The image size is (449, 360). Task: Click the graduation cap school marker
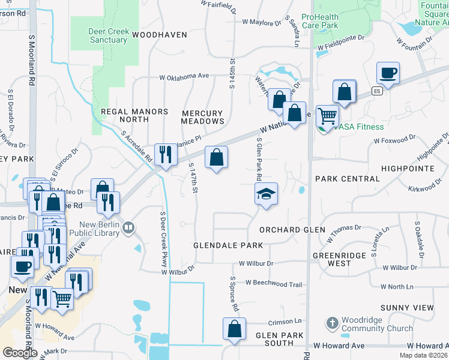pyautogui.click(x=266, y=194)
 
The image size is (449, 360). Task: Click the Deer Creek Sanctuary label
pyautogui.click(x=100, y=35)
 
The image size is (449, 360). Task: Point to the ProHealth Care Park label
pyautogui.click(x=328, y=21)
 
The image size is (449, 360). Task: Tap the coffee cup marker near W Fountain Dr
pyautogui.click(x=388, y=74)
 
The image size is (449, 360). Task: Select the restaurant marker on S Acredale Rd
pyautogui.click(x=164, y=154)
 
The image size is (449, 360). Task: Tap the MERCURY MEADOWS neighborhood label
pyautogui.click(x=202, y=117)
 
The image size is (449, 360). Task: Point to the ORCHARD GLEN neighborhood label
pyautogui.click(x=292, y=230)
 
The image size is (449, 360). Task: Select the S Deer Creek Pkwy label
pyautogui.click(x=163, y=239)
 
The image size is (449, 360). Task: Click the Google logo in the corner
pyautogui.click(x=20, y=352)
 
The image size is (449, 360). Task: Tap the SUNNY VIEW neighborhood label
pyautogui.click(x=406, y=307)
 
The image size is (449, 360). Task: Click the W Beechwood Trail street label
pyautogui.click(x=273, y=284)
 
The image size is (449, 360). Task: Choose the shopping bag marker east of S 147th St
pyautogui.click(x=216, y=158)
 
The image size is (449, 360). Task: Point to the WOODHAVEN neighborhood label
pyautogui.click(x=160, y=35)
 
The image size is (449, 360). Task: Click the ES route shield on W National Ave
pyautogui.click(x=376, y=91)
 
